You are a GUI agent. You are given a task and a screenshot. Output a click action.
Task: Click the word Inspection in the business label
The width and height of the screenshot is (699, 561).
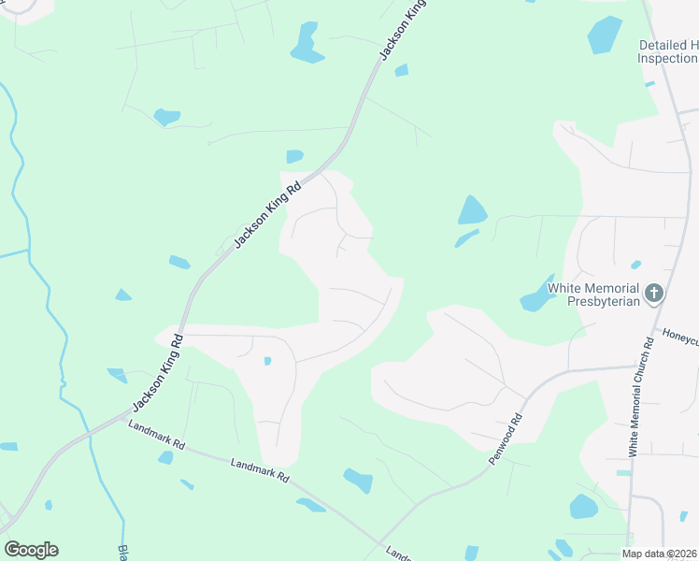667,58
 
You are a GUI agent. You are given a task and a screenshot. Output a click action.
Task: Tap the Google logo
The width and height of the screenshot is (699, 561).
31,550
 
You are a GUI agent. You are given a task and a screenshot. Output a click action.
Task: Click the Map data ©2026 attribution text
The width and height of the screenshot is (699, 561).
660,554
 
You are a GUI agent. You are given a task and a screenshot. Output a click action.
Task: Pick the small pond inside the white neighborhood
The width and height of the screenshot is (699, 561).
267,361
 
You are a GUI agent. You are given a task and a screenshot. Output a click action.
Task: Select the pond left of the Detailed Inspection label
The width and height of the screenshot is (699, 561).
605,35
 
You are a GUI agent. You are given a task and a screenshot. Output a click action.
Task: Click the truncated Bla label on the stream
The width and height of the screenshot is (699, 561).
122,553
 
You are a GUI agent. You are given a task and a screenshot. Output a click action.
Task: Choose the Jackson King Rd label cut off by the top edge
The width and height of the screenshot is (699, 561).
403,31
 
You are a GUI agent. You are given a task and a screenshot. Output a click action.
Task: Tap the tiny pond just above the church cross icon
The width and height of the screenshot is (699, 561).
636,265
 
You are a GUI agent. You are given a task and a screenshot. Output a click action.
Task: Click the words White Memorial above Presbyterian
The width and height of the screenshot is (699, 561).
593,288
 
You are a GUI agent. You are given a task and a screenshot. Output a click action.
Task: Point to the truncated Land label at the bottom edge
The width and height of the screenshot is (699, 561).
398,553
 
